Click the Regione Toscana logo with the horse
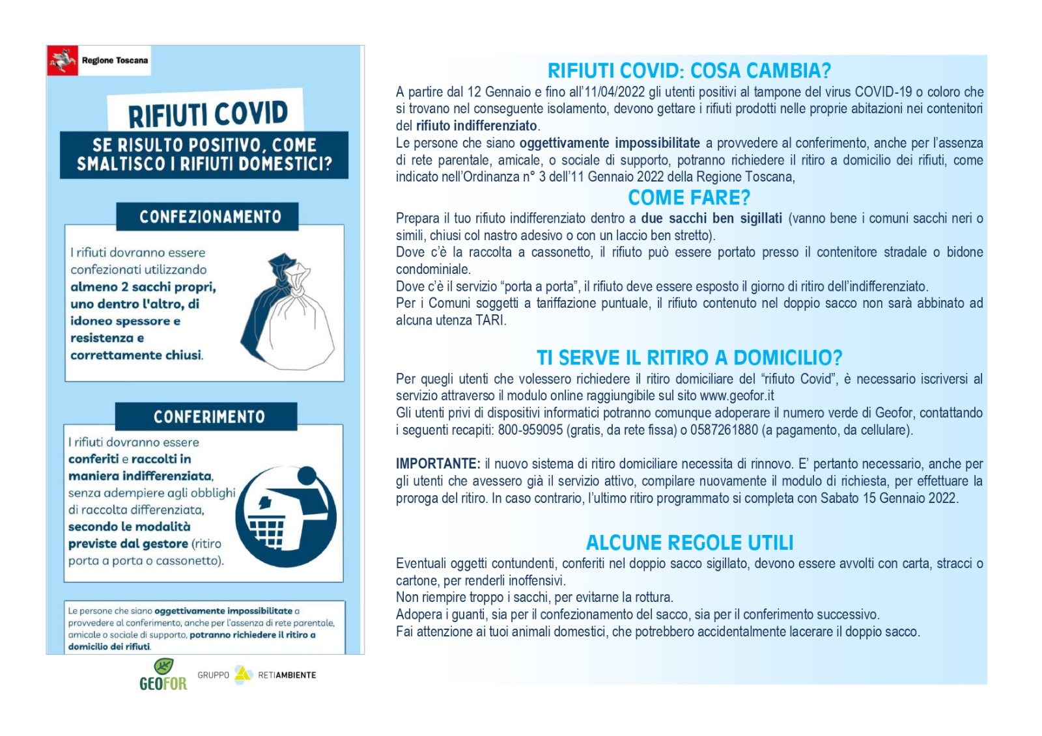click(x=63, y=61)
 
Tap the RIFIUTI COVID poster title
click(x=208, y=114)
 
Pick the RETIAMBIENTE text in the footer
click(x=287, y=675)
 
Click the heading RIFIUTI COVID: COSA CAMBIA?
click(x=689, y=70)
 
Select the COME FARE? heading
click(x=689, y=197)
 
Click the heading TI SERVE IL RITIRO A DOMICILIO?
click(x=689, y=357)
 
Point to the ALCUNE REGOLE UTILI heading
click(x=689, y=542)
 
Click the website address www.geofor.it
click(x=737, y=396)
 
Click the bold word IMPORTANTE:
click(x=438, y=464)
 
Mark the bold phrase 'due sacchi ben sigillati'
click(x=711, y=219)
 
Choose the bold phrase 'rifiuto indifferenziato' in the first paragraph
click(x=476, y=126)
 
